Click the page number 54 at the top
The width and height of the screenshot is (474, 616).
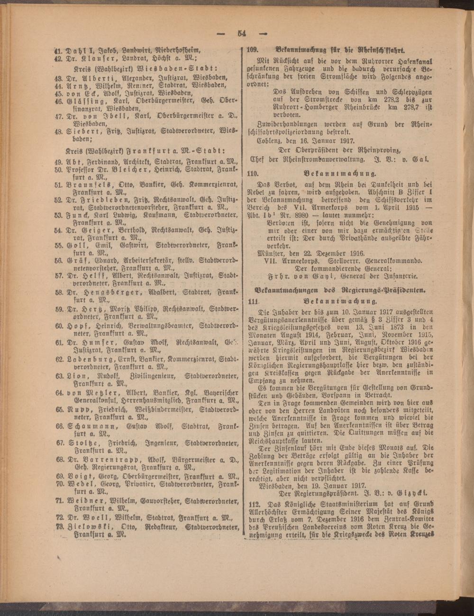pos(242,33)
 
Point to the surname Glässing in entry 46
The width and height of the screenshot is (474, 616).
pos(86,101)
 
